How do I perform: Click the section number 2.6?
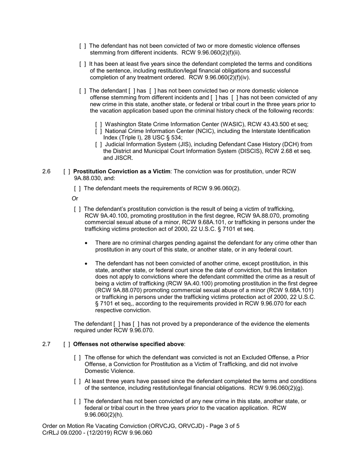point(46,171)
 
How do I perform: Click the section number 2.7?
point(46,344)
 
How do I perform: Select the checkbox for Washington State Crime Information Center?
point(99,124)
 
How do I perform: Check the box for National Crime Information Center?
point(99,131)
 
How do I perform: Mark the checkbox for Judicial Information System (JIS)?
point(99,144)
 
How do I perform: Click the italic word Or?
point(75,199)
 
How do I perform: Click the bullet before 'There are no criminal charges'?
point(87,243)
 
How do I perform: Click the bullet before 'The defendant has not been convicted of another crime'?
point(87,263)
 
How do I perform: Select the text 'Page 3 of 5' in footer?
point(224,426)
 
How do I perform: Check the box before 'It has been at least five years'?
point(83,64)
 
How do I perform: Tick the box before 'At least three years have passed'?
point(77,381)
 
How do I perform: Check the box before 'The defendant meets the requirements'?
point(77,188)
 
